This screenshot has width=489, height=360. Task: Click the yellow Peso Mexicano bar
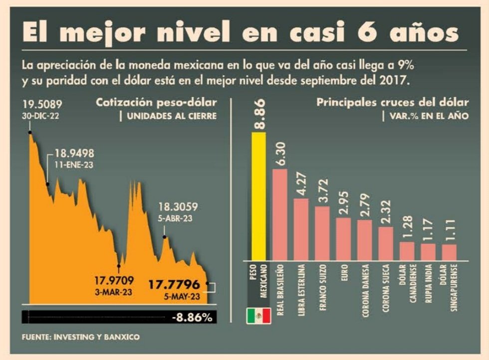pyautogui.click(x=258, y=196)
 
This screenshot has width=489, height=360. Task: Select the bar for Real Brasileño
pyautogui.click(x=280, y=215)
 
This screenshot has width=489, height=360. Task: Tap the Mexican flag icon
pyautogui.click(x=258, y=316)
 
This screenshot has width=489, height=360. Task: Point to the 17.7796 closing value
pyautogui.click(x=174, y=285)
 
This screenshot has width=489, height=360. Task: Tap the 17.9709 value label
pyautogui.click(x=112, y=280)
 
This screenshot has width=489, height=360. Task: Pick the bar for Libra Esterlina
pyautogui.click(x=301, y=229)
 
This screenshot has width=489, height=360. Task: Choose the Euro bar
pyautogui.click(x=343, y=239)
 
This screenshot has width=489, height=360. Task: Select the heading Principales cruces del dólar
pyautogui.click(x=392, y=103)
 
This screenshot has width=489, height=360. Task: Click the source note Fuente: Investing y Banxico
pyautogui.click(x=81, y=337)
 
